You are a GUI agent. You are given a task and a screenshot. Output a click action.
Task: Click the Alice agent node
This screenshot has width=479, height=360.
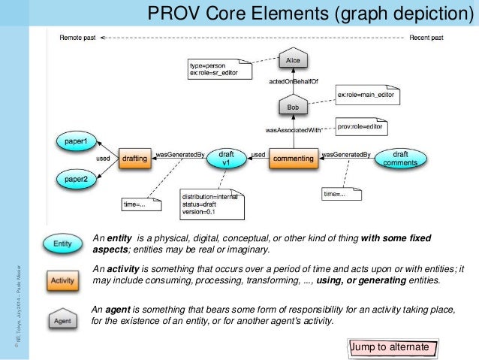294,59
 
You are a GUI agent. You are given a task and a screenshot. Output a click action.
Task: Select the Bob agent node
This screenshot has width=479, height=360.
294,107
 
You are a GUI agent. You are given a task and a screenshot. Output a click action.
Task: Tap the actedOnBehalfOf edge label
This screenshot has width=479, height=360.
295,82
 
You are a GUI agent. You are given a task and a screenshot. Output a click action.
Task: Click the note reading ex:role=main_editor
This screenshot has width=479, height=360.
365,96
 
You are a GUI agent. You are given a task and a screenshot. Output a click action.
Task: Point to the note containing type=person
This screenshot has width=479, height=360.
217,71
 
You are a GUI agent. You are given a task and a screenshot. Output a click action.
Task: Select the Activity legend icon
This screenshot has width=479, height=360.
63,280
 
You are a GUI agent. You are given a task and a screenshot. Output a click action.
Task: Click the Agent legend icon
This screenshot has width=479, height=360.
63,320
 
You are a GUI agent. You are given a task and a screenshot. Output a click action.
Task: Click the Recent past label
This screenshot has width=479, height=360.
426,37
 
